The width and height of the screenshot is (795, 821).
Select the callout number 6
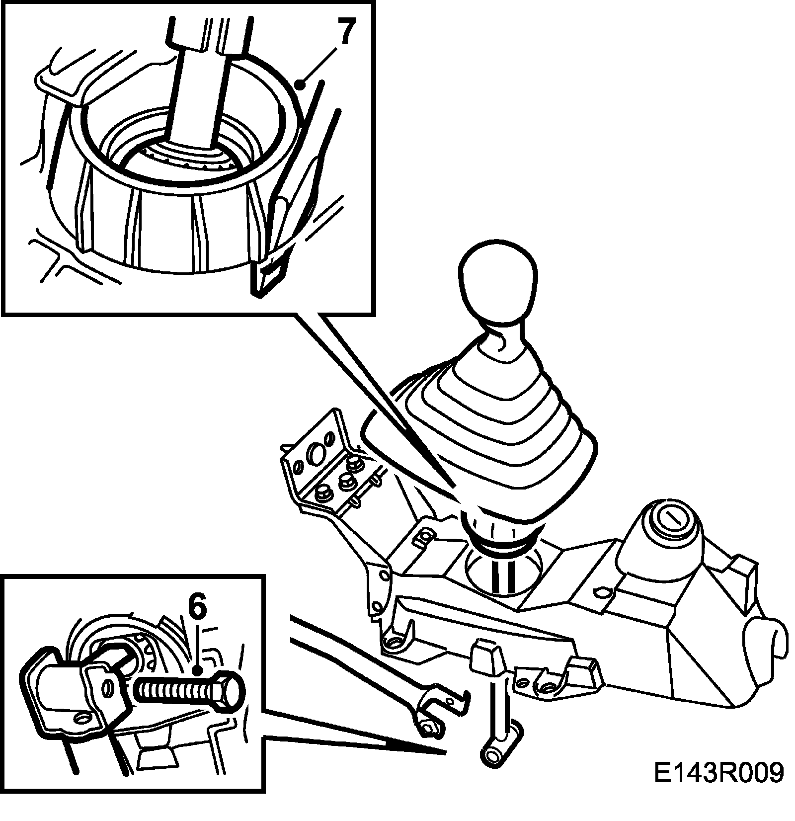198,616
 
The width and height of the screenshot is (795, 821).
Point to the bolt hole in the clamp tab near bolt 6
106,689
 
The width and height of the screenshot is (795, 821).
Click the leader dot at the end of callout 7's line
300,85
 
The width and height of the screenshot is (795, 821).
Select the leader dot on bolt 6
198,670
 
